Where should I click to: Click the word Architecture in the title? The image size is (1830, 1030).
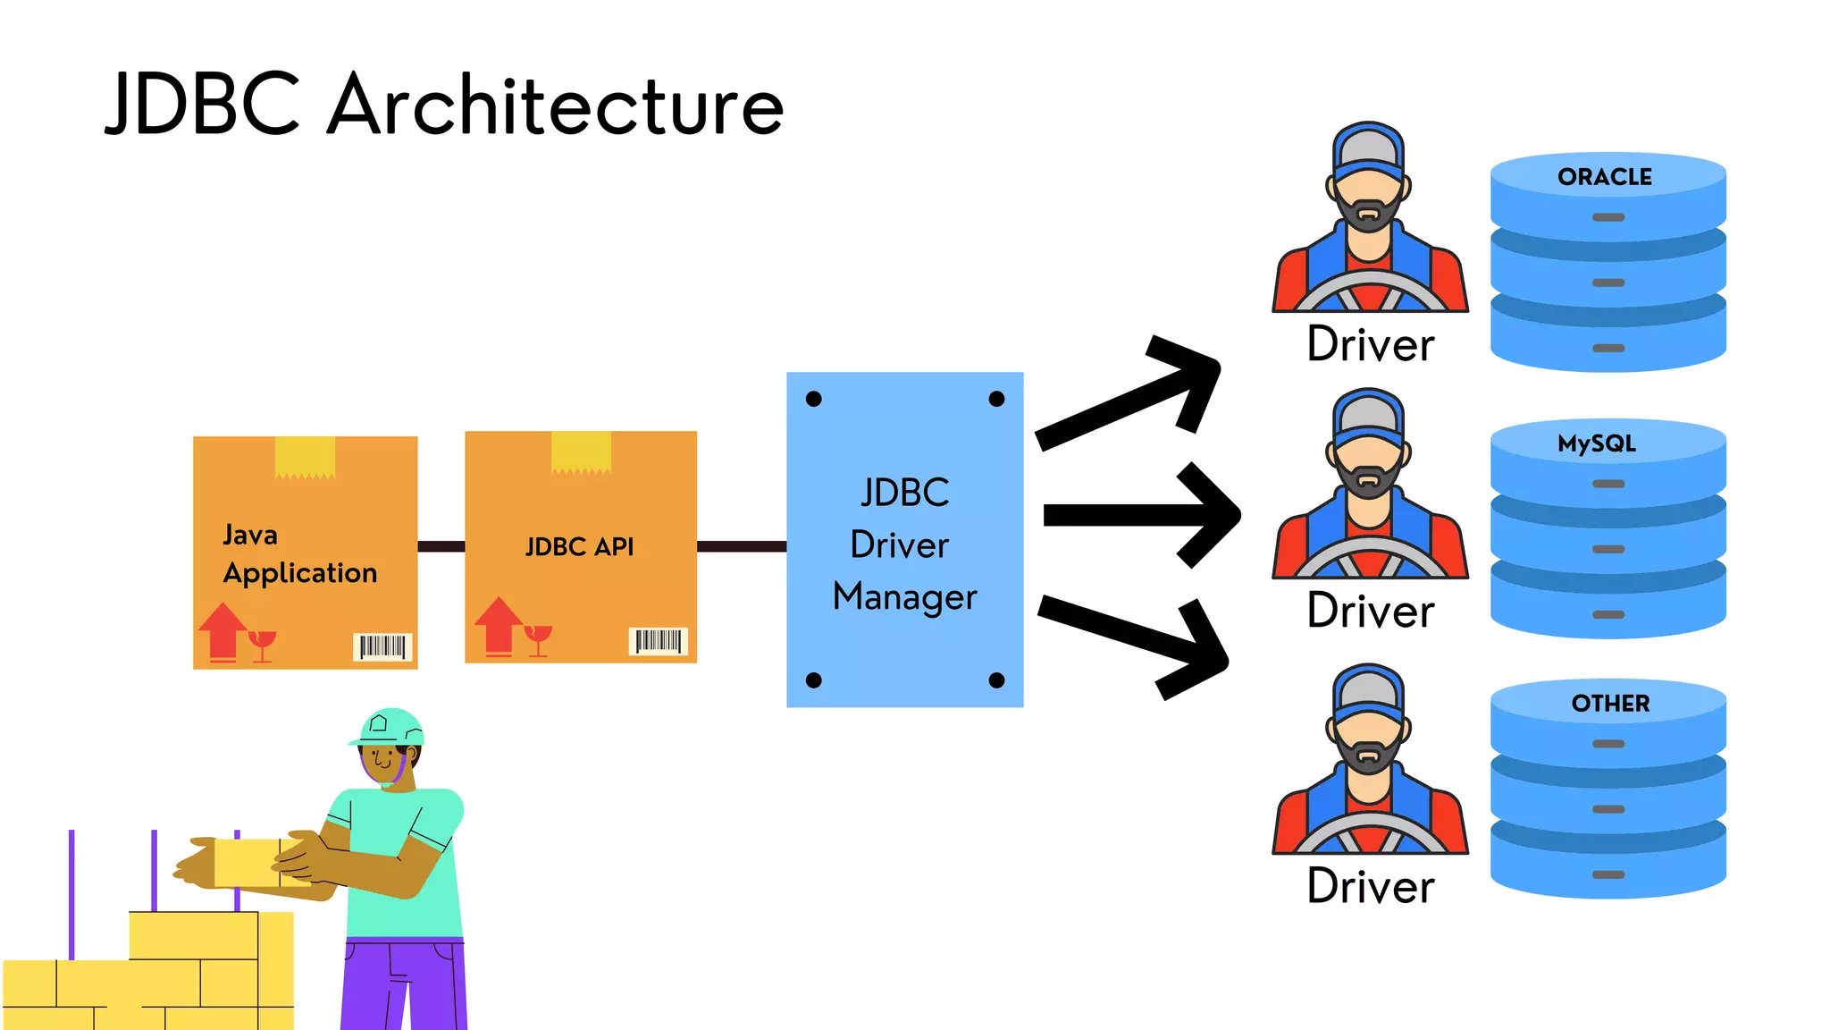tap(556, 106)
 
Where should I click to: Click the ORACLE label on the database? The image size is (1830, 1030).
tap(1605, 177)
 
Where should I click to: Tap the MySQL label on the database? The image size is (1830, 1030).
tap(1597, 443)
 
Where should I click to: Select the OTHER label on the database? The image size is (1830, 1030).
tap(1610, 704)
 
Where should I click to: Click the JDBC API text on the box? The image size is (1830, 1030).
tap(579, 546)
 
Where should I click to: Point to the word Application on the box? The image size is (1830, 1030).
tap(300, 573)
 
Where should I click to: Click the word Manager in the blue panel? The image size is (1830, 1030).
tap(904, 596)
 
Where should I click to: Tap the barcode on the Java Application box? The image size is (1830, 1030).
tap(382, 646)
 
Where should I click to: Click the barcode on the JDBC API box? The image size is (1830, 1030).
tap(659, 641)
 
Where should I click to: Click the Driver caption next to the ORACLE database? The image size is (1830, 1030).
tap(1370, 344)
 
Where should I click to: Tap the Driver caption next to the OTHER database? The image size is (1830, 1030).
tap(1370, 886)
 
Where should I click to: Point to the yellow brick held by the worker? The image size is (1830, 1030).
tap(247, 862)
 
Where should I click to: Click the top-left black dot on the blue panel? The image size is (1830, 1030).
tap(813, 399)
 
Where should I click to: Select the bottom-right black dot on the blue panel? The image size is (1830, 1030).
tap(997, 680)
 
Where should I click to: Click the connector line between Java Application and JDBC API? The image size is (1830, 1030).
tap(441, 546)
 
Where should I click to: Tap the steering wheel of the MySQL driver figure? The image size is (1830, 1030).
tap(1370, 559)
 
